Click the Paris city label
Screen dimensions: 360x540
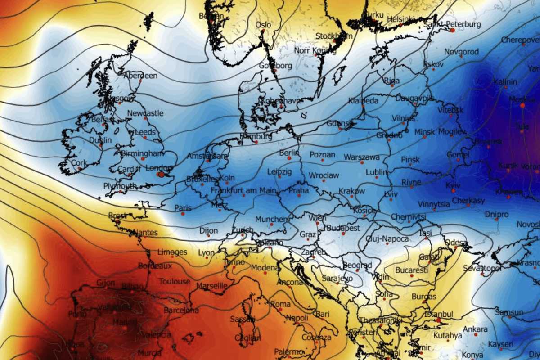coord(183,208)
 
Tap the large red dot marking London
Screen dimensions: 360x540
coord(161,174)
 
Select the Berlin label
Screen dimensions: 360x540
coord(289,153)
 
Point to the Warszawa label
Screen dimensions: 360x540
coord(362,157)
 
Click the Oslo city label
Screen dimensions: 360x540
coord(263,25)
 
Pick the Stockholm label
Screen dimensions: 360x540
coord(333,36)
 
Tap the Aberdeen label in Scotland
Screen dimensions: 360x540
coord(140,76)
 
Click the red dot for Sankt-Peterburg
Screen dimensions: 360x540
coord(452,30)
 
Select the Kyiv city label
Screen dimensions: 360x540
coord(454,185)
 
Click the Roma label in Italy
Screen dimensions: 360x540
coord(280,304)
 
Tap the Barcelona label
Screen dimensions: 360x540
coord(181,310)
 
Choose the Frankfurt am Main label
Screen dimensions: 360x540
coord(243,191)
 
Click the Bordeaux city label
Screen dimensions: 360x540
coord(155,266)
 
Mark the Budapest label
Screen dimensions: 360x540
coord(343,228)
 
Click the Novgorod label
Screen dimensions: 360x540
coord(461,52)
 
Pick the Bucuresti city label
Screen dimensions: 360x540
coord(411,270)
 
